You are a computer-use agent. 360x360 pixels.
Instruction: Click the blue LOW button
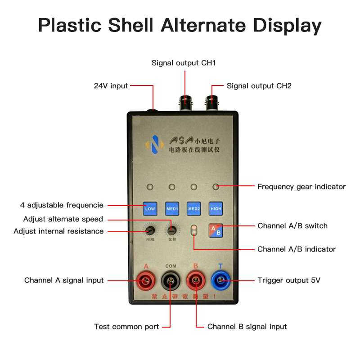coord(150,209)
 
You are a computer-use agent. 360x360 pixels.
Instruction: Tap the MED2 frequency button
coord(194,209)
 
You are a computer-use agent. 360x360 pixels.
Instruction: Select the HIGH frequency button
coord(216,209)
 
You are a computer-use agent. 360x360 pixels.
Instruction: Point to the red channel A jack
coord(146,282)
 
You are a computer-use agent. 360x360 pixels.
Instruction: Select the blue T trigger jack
coord(220,282)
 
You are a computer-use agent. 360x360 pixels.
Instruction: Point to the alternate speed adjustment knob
coord(171,230)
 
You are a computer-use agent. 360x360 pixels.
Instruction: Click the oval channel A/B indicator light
coord(194,230)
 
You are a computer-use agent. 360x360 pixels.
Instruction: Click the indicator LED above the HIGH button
coord(216,186)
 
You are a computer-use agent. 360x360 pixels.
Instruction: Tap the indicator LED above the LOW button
coord(150,187)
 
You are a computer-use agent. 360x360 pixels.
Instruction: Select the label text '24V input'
coord(111,85)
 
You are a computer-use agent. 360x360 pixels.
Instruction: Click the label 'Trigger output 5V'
coord(289,280)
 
